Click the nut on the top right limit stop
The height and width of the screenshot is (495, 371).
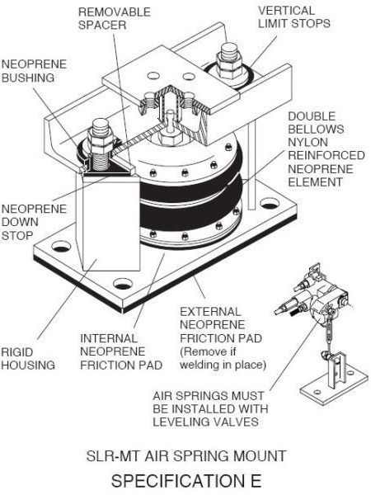tap(227, 62)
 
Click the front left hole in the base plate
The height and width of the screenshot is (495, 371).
tap(56, 245)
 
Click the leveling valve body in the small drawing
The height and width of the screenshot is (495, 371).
tap(318, 297)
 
